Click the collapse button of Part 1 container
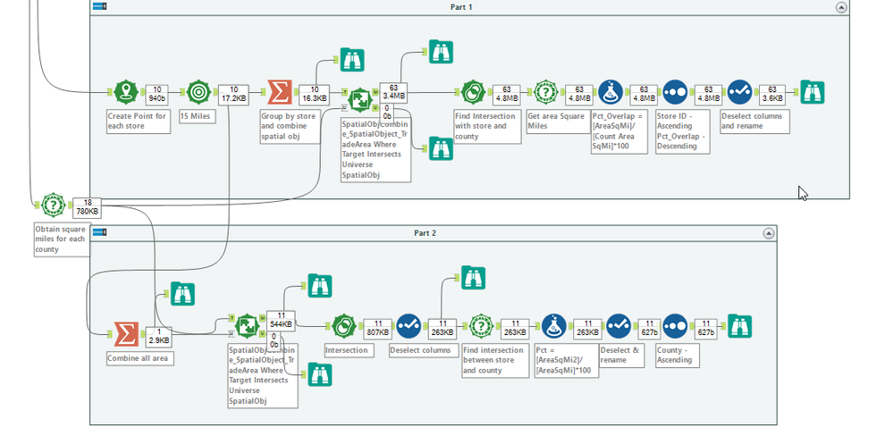[840, 7]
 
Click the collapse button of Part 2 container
[768, 233]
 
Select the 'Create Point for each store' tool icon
[126, 92]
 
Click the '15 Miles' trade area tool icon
[198, 92]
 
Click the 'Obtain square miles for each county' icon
[52, 204]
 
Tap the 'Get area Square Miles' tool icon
[546, 92]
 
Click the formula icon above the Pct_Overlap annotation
[611, 92]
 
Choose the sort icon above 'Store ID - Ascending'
[675, 92]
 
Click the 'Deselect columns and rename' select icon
[739, 92]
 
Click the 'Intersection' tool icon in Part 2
[343, 326]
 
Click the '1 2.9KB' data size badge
[158, 337]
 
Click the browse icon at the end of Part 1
[812, 92]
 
